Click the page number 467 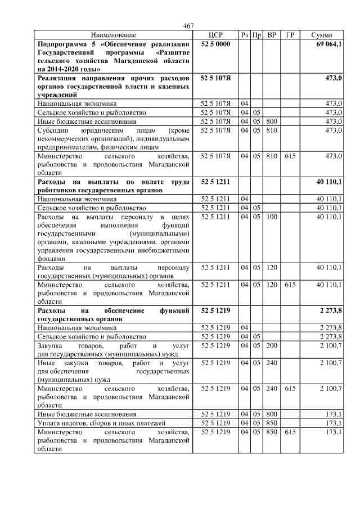(x=188, y=26)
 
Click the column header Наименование (x=113, y=35)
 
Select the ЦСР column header (x=216, y=35)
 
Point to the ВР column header (x=272, y=35)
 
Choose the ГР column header (x=290, y=35)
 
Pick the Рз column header (x=245, y=35)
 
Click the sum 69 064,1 (x=329, y=43)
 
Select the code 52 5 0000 (x=216, y=43)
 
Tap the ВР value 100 (x=272, y=217)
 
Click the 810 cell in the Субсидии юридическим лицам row (x=272, y=130)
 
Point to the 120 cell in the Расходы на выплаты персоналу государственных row (x=272, y=268)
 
